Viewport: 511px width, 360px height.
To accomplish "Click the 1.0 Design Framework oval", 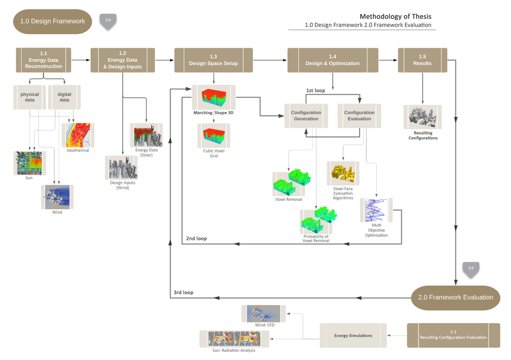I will (x=53, y=21).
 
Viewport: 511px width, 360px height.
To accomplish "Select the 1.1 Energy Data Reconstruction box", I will (x=43, y=60).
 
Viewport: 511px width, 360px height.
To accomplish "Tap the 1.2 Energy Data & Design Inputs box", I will (x=123, y=60).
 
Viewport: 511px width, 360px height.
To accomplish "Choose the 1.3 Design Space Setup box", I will (x=214, y=60).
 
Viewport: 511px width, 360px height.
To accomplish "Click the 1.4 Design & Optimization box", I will (x=333, y=60).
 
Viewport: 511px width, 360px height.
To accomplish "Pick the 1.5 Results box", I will (x=422, y=60).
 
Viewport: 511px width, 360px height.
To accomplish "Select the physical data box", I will (x=30, y=97).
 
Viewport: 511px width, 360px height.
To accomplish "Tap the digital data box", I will (x=64, y=97).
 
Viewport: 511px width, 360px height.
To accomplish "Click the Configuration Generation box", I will (x=306, y=116).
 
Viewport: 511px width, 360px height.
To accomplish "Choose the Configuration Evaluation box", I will (x=359, y=116).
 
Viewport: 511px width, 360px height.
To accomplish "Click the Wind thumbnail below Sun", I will (x=57, y=197).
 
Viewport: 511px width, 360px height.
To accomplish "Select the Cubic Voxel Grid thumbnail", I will (x=214, y=136).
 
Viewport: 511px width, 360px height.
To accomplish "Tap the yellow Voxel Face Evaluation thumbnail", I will (x=343, y=173).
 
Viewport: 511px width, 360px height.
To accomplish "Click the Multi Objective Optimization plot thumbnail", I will (x=377, y=210).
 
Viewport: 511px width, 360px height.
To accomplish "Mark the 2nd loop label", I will (x=196, y=238).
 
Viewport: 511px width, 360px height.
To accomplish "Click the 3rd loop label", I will (x=183, y=292).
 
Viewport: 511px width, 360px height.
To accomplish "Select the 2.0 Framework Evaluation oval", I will (x=456, y=297).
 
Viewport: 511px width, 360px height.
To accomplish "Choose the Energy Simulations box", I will (x=353, y=335).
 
